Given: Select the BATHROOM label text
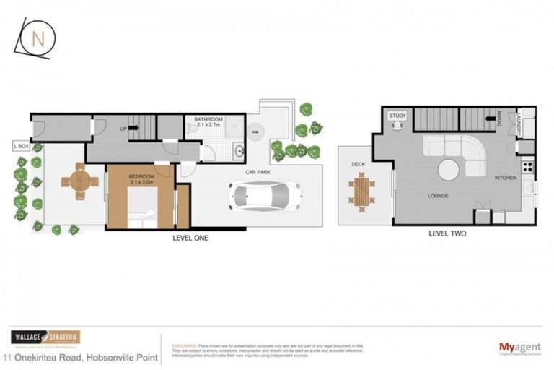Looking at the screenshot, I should pyautogui.click(x=203, y=119).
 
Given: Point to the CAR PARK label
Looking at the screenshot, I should pyautogui.click(x=258, y=173).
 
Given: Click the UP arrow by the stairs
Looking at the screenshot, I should pyautogui.click(x=133, y=128).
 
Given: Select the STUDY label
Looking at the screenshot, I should pyautogui.click(x=397, y=116).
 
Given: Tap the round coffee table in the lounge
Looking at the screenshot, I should pyautogui.click(x=449, y=171).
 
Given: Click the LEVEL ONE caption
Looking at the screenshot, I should pyautogui.click(x=190, y=238).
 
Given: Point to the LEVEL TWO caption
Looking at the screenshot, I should pyautogui.click(x=448, y=233).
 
